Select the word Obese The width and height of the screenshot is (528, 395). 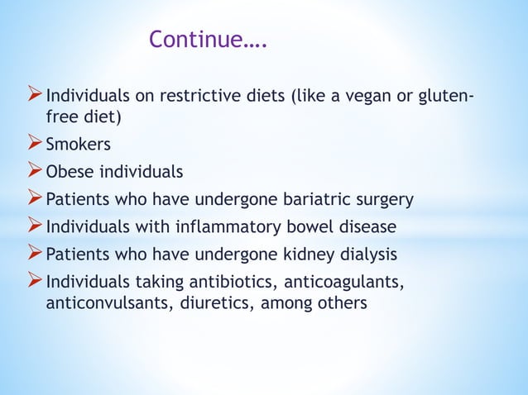[69, 172]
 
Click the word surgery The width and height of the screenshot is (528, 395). [377, 200]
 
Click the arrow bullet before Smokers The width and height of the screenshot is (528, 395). [36, 145]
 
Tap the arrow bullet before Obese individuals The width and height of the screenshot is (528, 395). [36, 172]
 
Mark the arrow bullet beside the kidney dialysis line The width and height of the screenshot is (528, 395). [36, 253]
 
